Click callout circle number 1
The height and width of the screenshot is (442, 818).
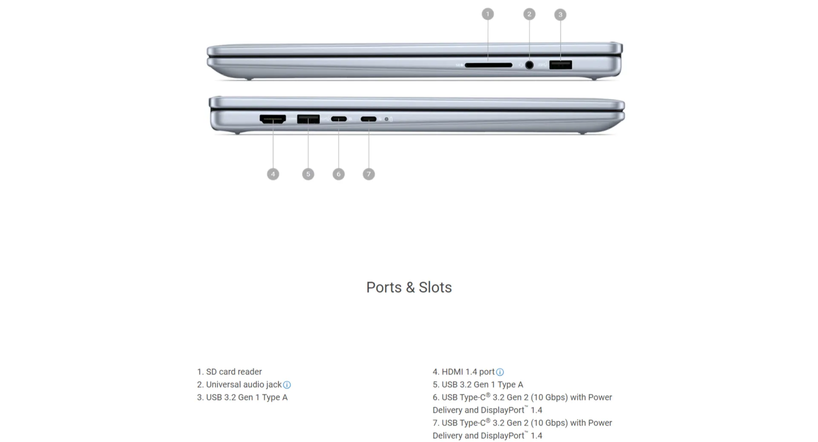click(x=488, y=14)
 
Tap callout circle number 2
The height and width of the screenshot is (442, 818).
click(x=529, y=14)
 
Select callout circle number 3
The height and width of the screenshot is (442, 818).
click(x=560, y=14)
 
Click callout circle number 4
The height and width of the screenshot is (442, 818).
click(x=273, y=174)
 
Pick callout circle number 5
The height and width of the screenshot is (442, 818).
click(x=308, y=174)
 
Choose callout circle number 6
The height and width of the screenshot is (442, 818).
click(x=339, y=174)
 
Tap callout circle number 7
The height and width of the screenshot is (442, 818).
click(x=369, y=174)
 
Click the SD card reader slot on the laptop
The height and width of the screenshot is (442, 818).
click(x=488, y=65)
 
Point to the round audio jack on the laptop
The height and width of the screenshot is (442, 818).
click(x=529, y=65)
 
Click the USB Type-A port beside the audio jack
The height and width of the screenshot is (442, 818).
click(x=561, y=65)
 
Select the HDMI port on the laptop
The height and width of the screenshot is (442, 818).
click(x=273, y=119)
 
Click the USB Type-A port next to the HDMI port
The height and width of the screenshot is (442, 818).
click(x=308, y=119)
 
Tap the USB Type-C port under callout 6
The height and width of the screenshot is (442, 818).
click(x=339, y=119)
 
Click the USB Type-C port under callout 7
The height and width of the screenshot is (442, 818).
click(x=369, y=119)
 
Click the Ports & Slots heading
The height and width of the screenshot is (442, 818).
click(x=409, y=287)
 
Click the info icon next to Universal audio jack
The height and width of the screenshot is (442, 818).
click(x=287, y=385)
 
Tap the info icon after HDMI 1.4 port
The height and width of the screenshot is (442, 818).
click(x=500, y=372)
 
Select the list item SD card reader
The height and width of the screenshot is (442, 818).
click(x=229, y=372)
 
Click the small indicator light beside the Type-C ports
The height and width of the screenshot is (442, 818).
click(x=386, y=119)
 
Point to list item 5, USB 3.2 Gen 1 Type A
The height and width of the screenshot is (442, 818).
click(x=478, y=385)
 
